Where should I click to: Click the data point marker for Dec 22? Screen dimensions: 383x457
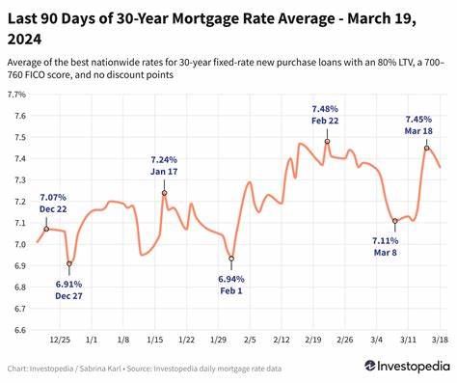pos(46,229)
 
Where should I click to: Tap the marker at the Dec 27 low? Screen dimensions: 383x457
pos(69,263)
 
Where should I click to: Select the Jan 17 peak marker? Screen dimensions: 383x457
pos(164,193)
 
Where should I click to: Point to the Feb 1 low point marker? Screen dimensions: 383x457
pos(231,259)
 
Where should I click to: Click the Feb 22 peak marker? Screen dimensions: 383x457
pos(327,142)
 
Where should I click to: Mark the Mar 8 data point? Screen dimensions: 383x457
pos(394,220)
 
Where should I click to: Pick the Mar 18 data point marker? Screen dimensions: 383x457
pos(426,148)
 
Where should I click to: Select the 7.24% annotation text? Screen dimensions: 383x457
pos(165,159)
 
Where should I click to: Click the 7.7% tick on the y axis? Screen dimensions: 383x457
pos(17,95)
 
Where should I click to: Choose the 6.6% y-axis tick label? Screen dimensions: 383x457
pos(17,329)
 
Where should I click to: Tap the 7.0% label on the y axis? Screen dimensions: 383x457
pos(17,244)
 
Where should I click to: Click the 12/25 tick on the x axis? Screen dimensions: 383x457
pos(60,341)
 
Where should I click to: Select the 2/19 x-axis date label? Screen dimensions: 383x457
pos(314,341)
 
